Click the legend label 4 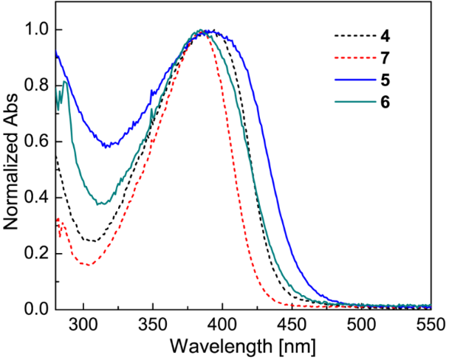coord(385,35)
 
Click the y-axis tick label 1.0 coord(35,30)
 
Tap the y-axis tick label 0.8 coord(35,86)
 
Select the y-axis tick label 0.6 coord(35,142)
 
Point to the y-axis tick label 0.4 coord(35,198)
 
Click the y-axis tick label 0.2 coord(35,254)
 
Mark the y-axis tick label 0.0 coord(35,309)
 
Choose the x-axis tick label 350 coord(153,325)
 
